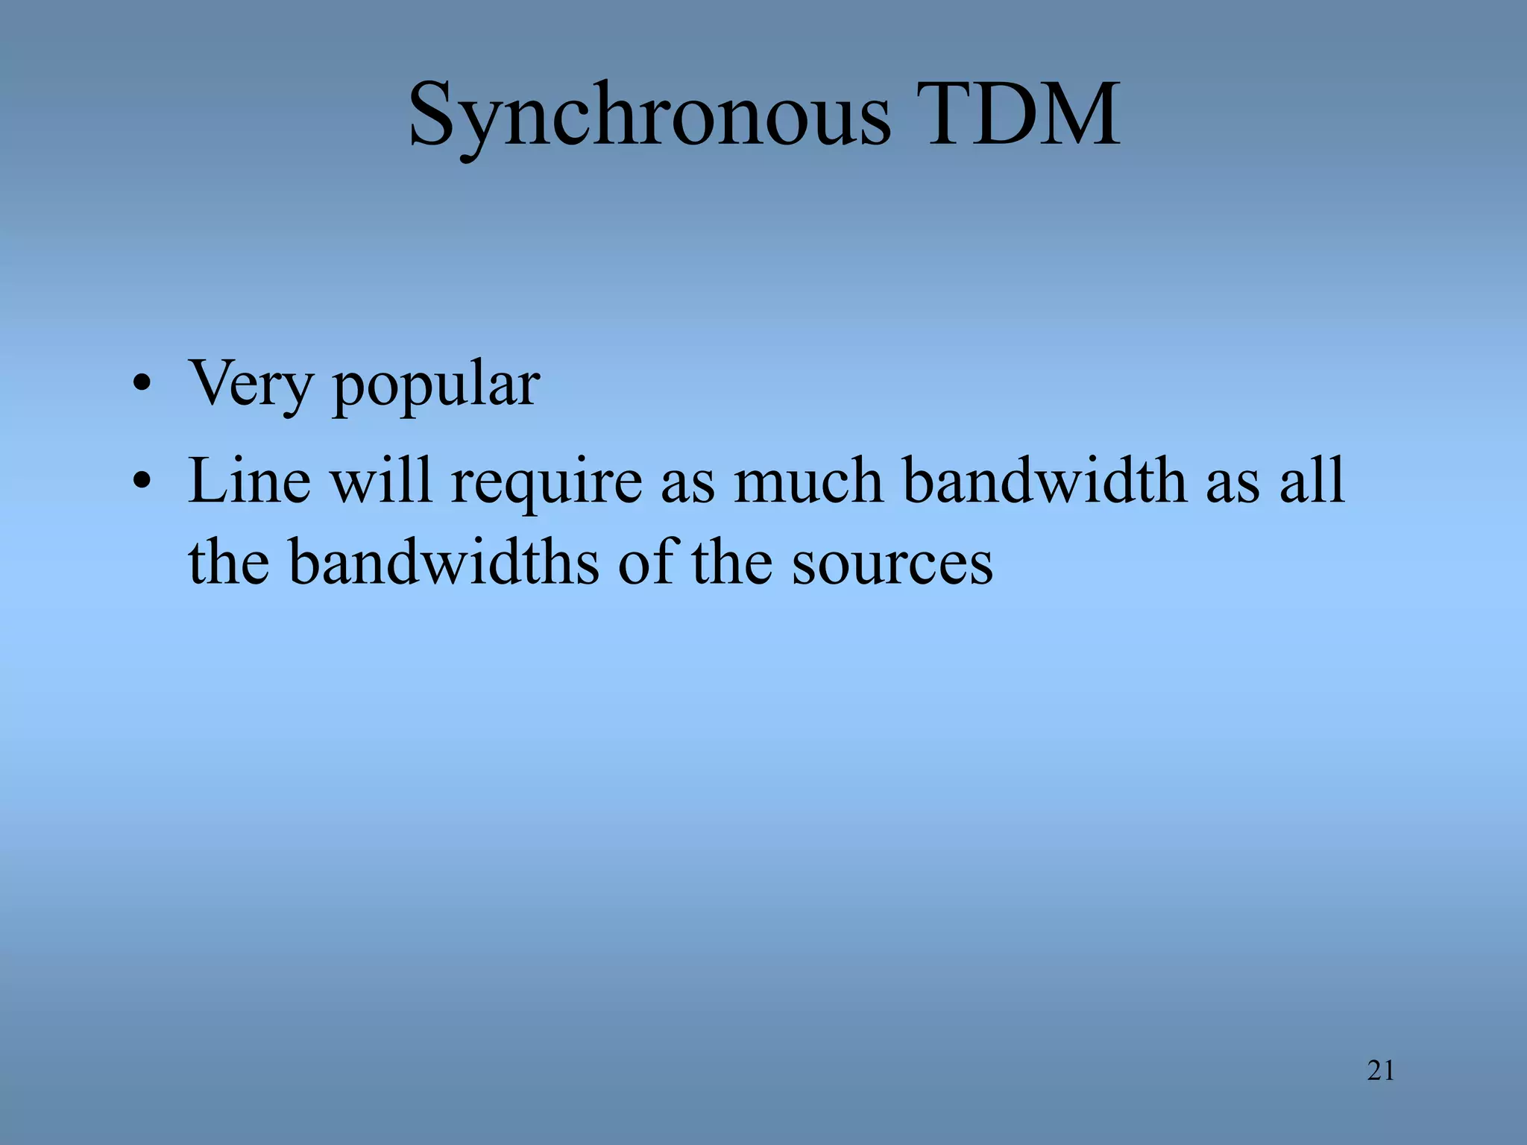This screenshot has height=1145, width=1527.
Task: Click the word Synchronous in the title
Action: [x=649, y=116]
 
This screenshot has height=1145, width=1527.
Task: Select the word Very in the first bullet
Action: [x=251, y=384]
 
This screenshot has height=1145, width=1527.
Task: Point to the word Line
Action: [x=250, y=481]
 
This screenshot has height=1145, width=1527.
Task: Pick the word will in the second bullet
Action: [x=381, y=481]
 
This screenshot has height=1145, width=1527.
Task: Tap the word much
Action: [x=808, y=481]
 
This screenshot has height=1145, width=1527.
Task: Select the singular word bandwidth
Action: [x=1045, y=481]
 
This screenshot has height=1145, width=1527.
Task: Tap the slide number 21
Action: [x=1381, y=1070]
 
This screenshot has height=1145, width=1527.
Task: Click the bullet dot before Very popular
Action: [x=142, y=386]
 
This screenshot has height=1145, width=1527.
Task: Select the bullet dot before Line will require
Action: [x=142, y=482]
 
